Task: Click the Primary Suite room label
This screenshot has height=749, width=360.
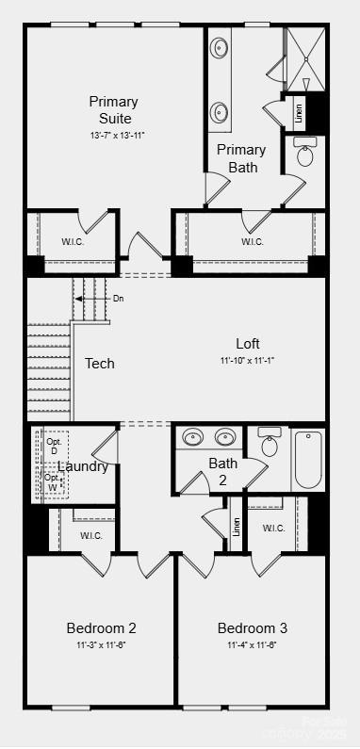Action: (x=113, y=110)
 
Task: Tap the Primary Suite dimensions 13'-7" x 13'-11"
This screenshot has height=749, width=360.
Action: (x=113, y=136)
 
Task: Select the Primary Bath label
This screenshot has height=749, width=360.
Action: (x=241, y=158)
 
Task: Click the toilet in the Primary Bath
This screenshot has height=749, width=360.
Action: (x=305, y=153)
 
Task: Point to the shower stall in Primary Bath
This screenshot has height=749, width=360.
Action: (x=304, y=59)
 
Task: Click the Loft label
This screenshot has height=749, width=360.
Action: (x=248, y=344)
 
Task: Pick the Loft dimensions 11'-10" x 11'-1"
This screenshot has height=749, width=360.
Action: (x=248, y=360)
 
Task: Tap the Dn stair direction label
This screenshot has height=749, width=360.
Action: (x=118, y=299)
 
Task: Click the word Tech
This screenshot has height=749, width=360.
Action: (x=100, y=364)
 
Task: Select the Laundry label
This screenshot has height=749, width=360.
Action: (x=83, y=466)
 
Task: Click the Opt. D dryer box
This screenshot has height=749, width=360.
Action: (x=54, y=446)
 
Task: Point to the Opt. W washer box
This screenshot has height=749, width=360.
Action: (x=53, y=481)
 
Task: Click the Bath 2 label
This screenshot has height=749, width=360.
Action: (x=223, y=470)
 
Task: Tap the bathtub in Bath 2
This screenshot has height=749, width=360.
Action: (x=308, y=458)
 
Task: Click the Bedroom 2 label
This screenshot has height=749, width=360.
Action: (x=102, y=627)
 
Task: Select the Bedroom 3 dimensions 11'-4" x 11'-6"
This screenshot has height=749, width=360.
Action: (x=252, y=644)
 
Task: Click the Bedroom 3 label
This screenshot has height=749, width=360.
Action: (x=253, y=627)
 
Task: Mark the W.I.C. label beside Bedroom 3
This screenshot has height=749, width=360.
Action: (x=274, y=528)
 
